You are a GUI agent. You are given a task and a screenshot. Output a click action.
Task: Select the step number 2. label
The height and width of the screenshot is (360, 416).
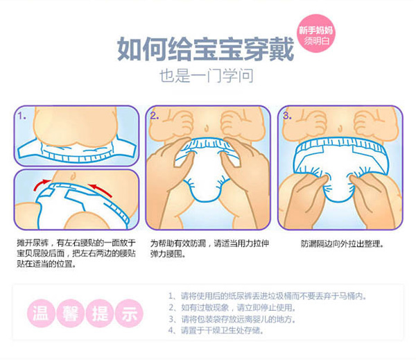coord(157,116)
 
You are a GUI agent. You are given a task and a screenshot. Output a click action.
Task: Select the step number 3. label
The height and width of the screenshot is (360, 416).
coord(288,116)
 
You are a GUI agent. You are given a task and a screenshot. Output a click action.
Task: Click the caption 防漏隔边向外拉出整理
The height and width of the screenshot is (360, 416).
coord(341,244)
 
